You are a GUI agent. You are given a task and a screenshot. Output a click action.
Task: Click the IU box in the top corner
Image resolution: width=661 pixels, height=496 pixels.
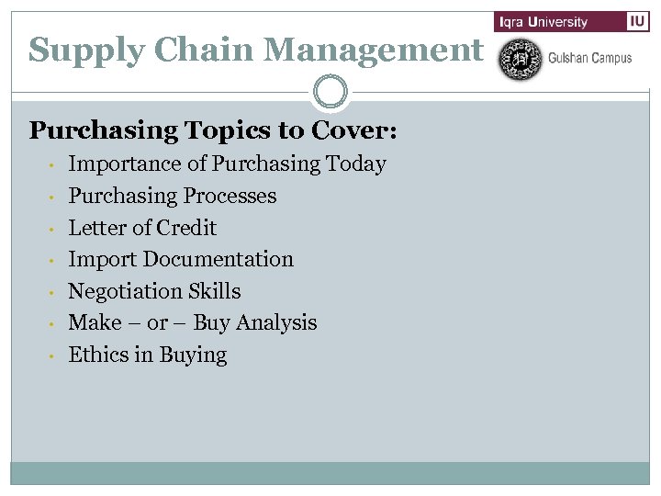click(638, 22)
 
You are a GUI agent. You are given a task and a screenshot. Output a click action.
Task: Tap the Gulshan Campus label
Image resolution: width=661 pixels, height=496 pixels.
click(589, 59)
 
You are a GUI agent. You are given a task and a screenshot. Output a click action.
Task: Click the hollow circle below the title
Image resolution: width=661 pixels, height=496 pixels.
click(330, 92)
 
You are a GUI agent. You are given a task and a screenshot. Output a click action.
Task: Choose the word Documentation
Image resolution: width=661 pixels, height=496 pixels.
click(218, 260)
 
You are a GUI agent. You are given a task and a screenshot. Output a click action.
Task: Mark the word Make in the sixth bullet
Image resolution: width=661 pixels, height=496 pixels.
click(95, 323)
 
